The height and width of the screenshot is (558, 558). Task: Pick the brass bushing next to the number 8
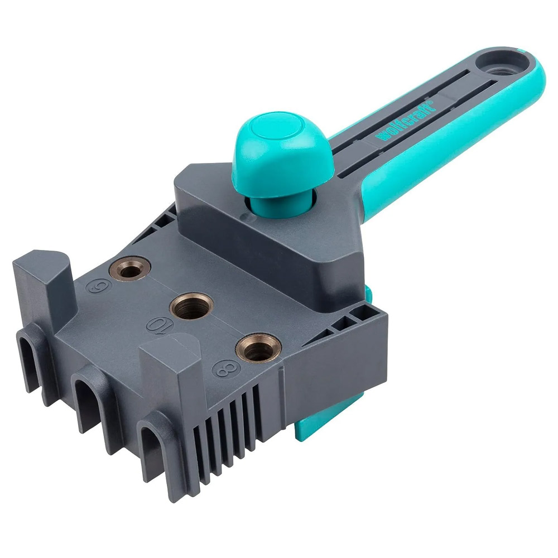click(256, 350)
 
